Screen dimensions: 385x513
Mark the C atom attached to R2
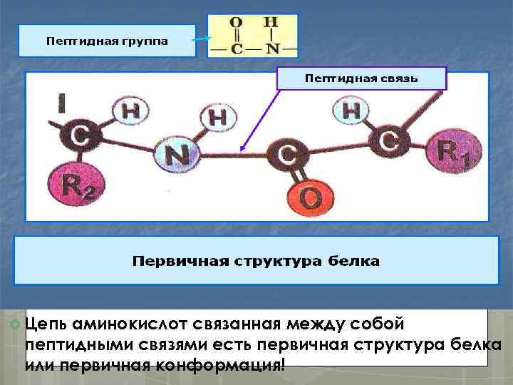click(x=80, y=138)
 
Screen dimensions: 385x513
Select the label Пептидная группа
click(x=108, y=41)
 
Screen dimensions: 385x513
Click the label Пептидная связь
click(x=361, y=77)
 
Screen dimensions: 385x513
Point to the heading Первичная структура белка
click(x=256, y=261)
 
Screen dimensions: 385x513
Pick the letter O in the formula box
click(x=237, y=23)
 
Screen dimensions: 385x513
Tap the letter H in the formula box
click(x=271, y=23)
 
